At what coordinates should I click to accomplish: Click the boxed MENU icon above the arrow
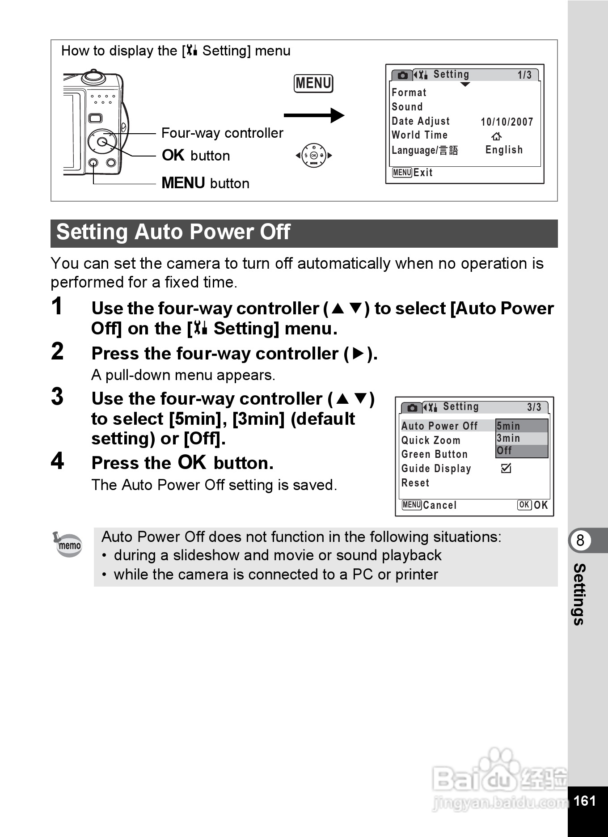(x=313, y=84)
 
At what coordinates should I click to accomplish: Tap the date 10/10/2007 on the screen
(x=507, y=122)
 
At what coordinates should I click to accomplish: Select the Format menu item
(x=409, y=93)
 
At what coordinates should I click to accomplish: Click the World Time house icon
(x=496, y=136)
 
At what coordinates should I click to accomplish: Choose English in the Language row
(x=504, y=150)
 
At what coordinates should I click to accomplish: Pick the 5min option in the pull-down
(x=509, y=426)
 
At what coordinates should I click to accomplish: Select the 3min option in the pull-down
(x=509, y=438)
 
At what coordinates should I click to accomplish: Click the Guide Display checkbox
(x=506, y=468)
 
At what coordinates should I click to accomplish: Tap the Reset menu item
(x=415, y=483)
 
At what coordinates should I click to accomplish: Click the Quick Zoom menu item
(x=431, y=440)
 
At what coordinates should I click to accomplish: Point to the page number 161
(x=584, y=800)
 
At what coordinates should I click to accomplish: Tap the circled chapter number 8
(x=580, y=540)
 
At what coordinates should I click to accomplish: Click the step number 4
(x=57, y=461)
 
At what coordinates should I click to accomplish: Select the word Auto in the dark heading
(x=156, y=232)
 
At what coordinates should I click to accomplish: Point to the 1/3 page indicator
(x=524, y=75)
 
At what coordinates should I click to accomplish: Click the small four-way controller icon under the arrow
(x=314, y=156)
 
